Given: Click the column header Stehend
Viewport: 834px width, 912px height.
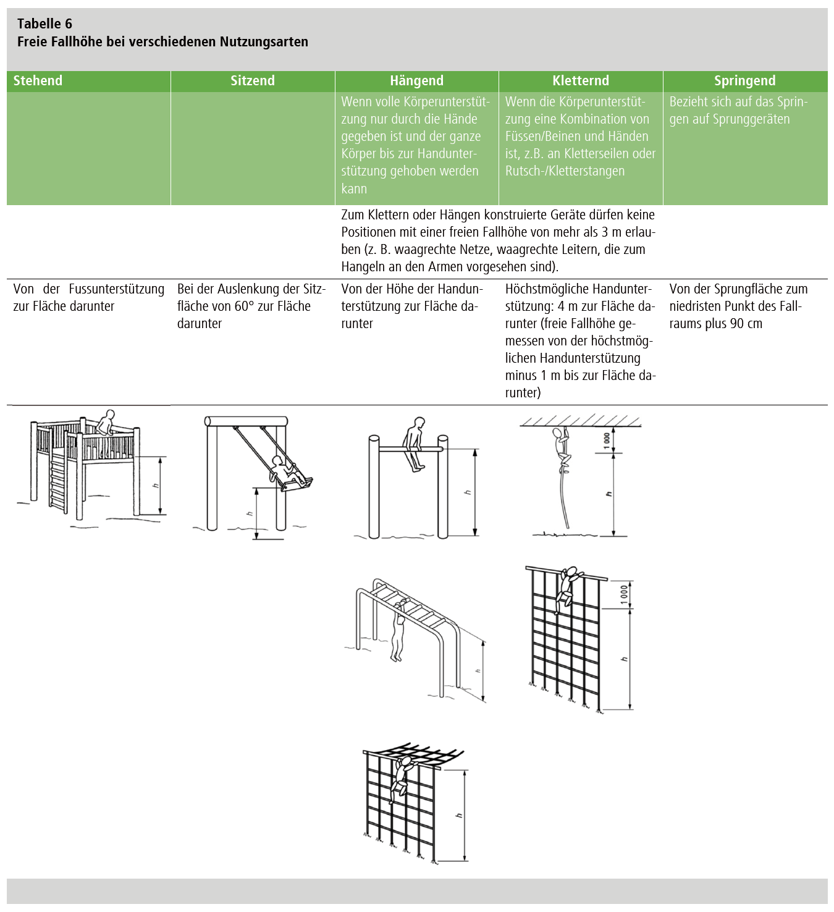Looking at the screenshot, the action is point(38,80).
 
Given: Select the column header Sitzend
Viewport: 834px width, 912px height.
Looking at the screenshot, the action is point(253,80).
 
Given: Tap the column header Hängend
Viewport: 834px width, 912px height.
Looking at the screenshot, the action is point(416,80).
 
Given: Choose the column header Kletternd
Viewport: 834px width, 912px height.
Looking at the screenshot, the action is point(581,80).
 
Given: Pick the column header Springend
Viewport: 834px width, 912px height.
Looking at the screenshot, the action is point(745,80).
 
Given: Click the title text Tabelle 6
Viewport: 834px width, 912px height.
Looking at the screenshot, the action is point(44,23).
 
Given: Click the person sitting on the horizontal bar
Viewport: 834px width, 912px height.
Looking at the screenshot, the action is point(413,444).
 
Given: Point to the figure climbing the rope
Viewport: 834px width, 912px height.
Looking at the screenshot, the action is point(563,450).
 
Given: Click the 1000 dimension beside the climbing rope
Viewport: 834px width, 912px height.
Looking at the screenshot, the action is point(607,440).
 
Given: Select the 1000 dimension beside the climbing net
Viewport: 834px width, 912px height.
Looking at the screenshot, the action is point(624,594).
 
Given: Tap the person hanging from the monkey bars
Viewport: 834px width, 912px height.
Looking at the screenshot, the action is point(398,630).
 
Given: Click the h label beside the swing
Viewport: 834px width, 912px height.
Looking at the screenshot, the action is point(249,513).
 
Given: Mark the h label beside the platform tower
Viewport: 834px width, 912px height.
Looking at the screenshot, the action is point(156,486).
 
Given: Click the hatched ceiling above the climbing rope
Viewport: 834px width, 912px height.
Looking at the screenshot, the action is point(581,421).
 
